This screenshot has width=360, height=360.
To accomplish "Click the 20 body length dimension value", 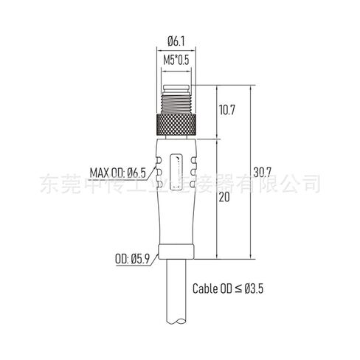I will (x=224, y=198).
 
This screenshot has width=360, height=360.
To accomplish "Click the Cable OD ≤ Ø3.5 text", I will (x=228, y=289).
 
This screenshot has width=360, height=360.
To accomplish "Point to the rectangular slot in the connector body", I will (x=178, y=176).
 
